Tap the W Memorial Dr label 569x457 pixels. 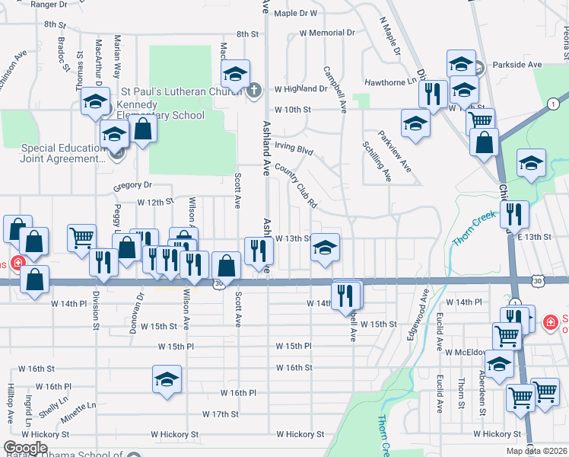pos(327,33)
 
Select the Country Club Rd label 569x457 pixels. pos(296,187)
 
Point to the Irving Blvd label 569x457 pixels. pos(294,147)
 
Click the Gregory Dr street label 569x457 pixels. pos(132,185)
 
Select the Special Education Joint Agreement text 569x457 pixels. pos(64,154)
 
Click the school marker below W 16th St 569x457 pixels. pos(167,379)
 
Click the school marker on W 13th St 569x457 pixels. pos(326,247)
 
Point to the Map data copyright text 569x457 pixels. pos(536,451)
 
